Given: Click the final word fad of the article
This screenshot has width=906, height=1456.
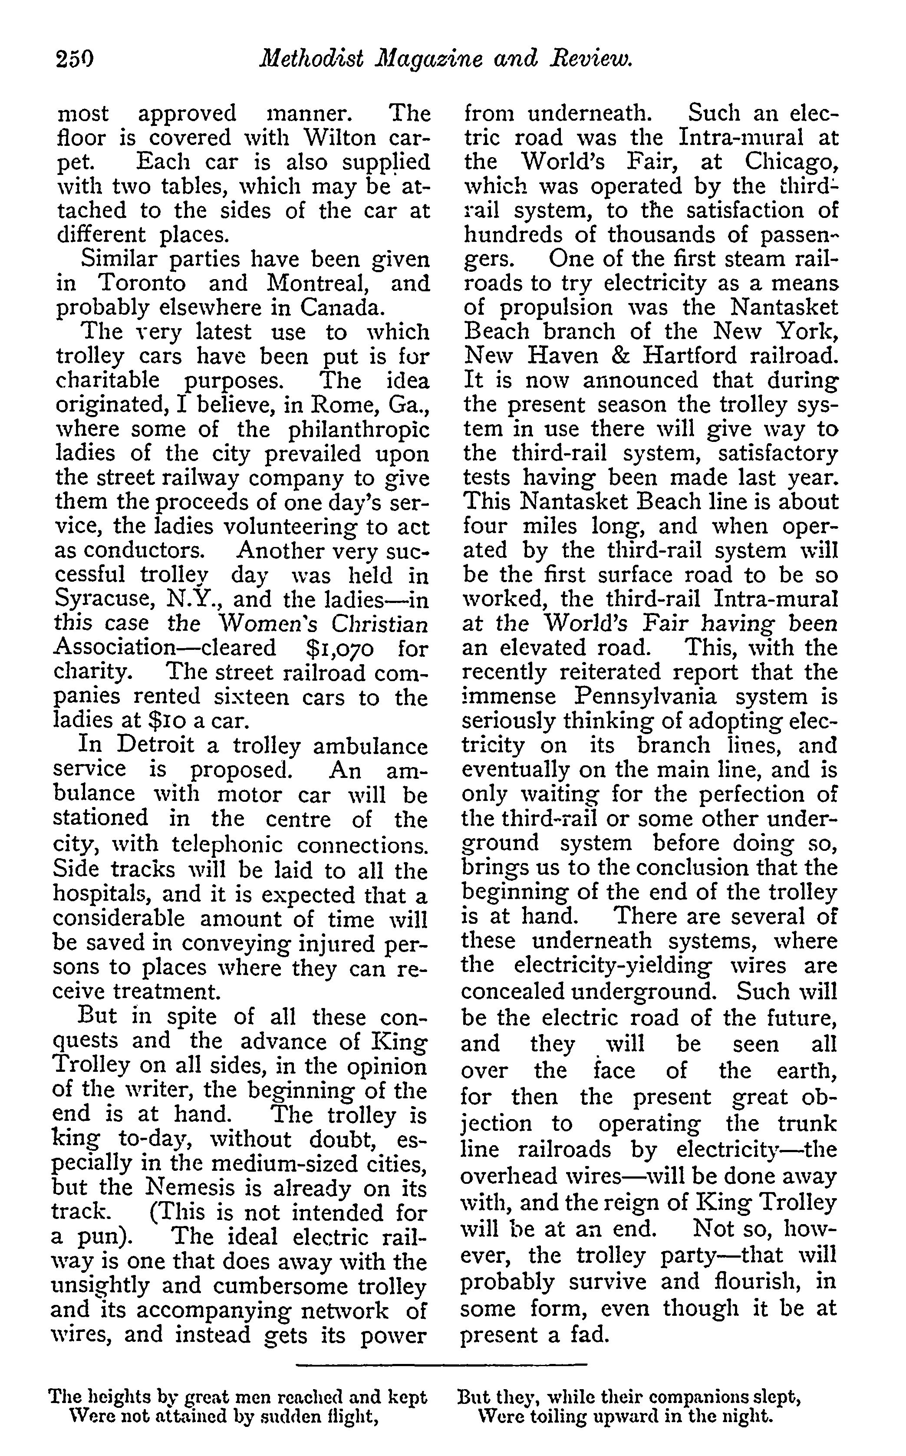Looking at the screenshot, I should [590, 1336].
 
